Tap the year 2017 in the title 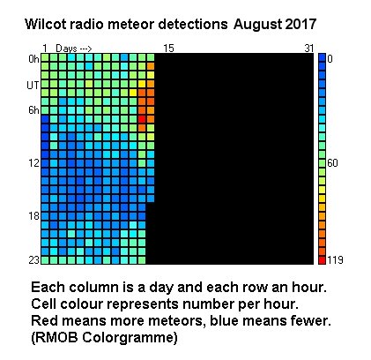pos(301,24)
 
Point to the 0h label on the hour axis pos(33,59)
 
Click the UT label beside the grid pos(33,86)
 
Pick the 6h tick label pos(33,110)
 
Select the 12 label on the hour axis pos(33,162)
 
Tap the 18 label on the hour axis pos(33,216)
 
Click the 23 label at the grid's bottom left pos(33,260)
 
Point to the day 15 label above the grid pos(168,49)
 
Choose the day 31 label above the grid pos(309,49)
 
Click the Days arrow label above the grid pos(74,49)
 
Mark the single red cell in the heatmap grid pos(142,119)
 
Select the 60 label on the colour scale pos(332,163)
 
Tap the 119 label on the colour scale pos(335,260)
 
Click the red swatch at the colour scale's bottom pos(322,260)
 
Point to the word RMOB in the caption pos(56,338)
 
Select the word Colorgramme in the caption pos(130,338)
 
